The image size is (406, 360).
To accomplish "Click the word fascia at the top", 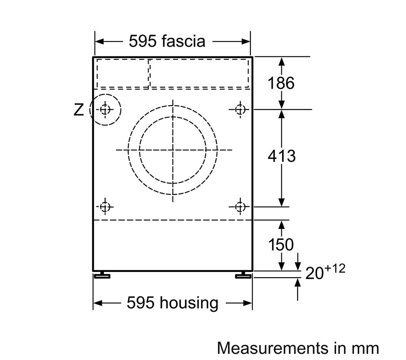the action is coord(184,41).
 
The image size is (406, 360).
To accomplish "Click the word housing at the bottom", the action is coord(189,303).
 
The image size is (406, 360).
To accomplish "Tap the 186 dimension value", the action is coord(281,83).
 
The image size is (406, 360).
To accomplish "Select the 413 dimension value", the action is coord(281,156).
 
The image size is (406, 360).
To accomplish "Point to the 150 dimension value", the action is coord(281,245).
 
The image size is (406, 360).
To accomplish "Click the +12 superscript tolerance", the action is coord(335,269).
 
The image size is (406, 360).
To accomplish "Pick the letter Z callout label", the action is coord(79,110).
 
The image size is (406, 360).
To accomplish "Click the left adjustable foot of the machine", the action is coord(102,275).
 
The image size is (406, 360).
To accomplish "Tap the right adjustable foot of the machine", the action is coord(243,275).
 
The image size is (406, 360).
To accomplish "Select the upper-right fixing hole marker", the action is coord(240,110).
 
